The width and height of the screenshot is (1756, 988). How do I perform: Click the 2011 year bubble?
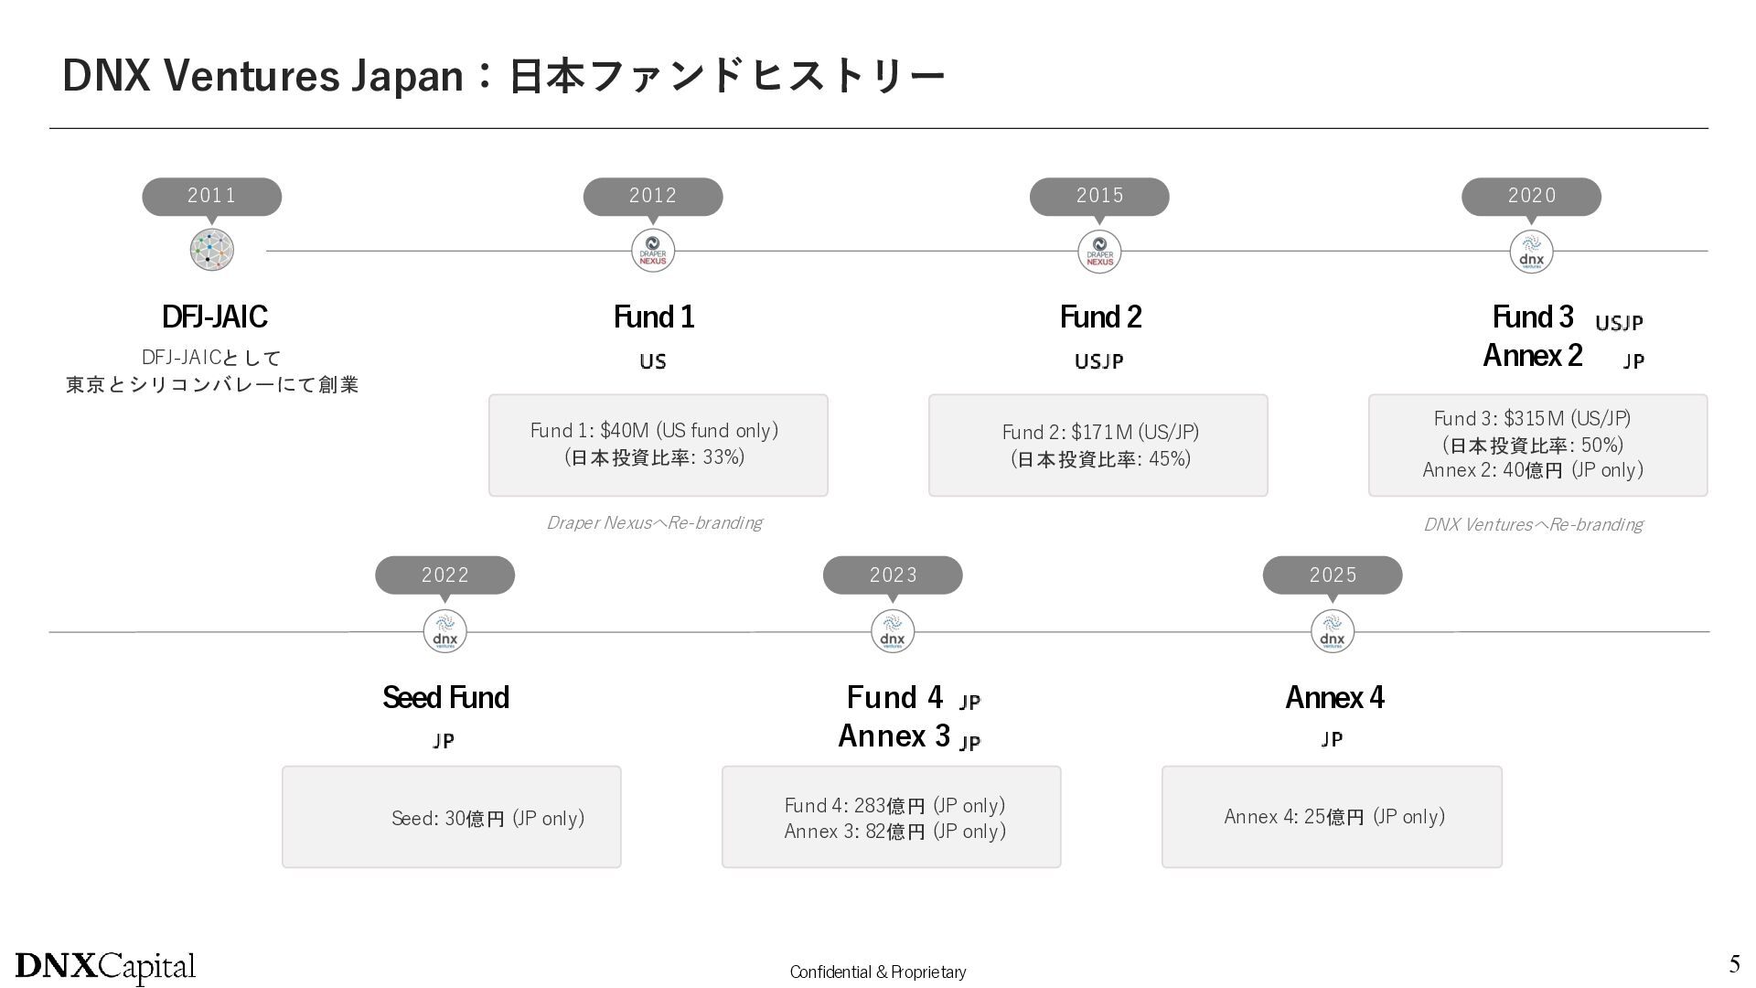click(211, 197)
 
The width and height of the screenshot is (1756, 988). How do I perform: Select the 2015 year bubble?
click(1099, 197)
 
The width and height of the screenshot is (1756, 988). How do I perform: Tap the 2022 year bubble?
click(444, 575)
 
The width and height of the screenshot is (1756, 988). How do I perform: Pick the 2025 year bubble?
click(1333, 575)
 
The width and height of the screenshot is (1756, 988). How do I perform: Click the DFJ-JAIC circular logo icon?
click(212, 250)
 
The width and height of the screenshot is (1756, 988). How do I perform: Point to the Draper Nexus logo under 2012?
click(653, 251)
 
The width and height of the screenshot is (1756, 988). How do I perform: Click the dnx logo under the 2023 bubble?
click(893, 631)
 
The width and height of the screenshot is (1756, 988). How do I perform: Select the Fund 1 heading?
click(654, 317)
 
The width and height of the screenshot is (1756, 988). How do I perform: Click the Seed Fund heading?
click(445, 697)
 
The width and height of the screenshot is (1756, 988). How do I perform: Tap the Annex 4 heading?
click(1334, 697)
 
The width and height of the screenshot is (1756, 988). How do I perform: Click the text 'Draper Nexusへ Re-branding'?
click(654, 522)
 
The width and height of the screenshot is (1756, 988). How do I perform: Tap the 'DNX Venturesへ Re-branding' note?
click(1533, 524)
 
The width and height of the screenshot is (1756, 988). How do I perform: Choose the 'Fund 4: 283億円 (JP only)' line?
click(894, 805)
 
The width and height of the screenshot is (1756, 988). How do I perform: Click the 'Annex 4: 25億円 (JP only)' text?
click(1334, 816)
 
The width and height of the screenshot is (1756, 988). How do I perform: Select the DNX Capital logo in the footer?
click(105, 967)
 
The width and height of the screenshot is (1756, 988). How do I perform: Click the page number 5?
click(1734, 963)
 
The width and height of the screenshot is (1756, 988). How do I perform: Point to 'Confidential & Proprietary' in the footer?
click(878, 972)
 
